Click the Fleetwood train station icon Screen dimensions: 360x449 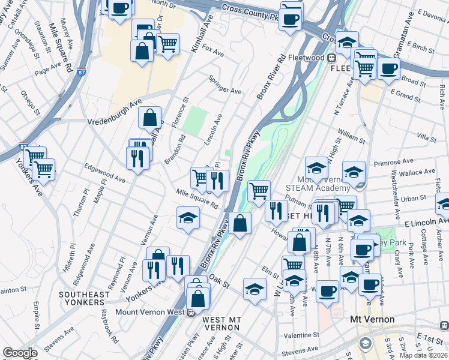(331, 58)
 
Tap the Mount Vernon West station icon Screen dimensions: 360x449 (191, 312)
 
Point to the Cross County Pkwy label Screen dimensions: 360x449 (250, 9)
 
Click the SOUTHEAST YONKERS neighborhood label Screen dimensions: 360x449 (84, 298)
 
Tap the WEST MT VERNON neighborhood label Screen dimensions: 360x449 (222, 323)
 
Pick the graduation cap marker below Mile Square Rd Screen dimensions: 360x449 (188, 217)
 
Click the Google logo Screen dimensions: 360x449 (20, 353)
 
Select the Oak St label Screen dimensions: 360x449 (220, 281)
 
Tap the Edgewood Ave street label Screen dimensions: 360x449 (104, 173)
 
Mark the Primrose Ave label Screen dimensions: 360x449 (394, 162)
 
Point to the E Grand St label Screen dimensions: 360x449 (405, 94)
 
